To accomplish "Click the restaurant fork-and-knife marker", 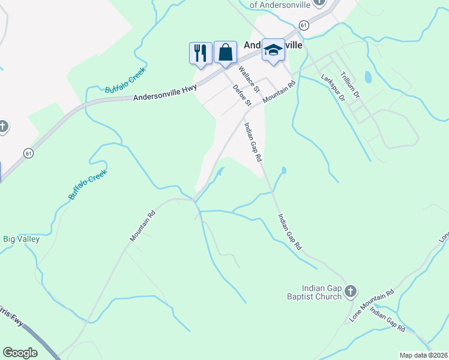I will (200, 52).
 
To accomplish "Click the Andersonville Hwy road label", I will (165, 92).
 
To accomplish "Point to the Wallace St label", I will (249, 79).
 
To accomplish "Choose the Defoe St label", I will (241, 95).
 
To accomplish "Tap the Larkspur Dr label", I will (334, 87).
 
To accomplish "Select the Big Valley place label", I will (22, 239).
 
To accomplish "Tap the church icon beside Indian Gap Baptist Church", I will (351, 292).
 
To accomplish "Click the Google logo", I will (20, 352).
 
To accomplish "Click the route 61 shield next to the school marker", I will (304, 25).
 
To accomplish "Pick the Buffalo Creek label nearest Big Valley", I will (87, 185).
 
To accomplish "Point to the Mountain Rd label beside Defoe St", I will (280, 94).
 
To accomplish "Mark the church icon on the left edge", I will (3, 127).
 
